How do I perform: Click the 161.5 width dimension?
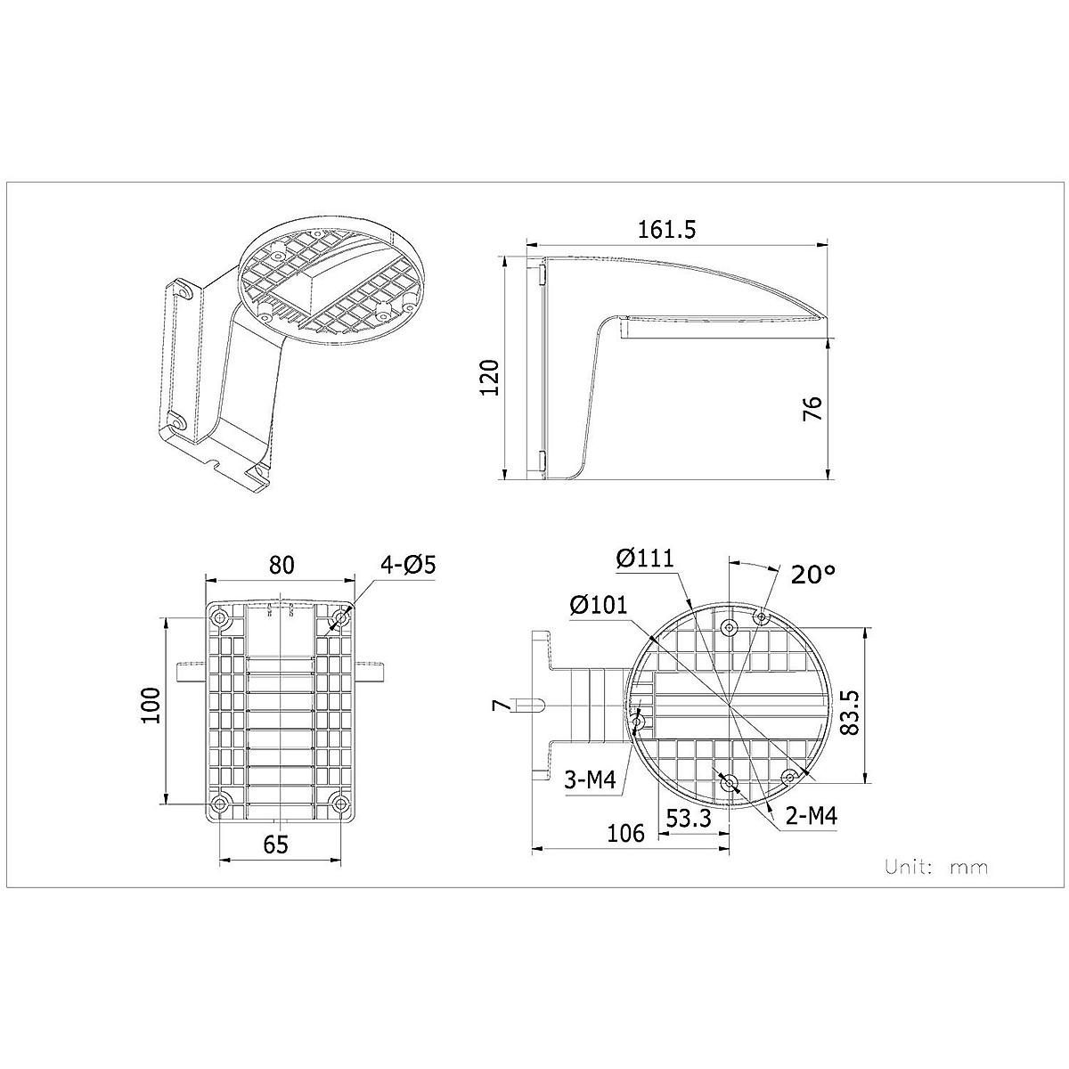click(665, 229)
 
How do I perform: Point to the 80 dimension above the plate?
click(282, 565)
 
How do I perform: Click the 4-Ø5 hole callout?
click(407, 566)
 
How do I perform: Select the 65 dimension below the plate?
click(276, 844)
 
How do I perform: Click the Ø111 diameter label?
click(646, 559)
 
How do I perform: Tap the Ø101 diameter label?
click(599, 605)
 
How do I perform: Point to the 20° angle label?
click(813, 574)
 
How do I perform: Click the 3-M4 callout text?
click(591, 780)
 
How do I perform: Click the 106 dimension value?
click(625, 833)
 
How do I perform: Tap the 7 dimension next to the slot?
click(500, 706)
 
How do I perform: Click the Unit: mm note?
click(935, 866)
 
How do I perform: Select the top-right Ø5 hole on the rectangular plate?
click(341, 617)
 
